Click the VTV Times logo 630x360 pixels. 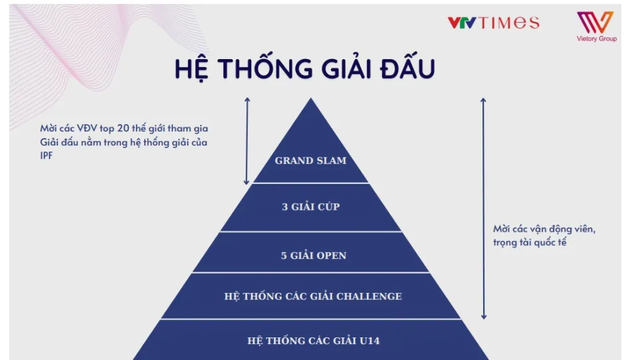pos(493,23)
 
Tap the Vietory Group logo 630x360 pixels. pos(597,26)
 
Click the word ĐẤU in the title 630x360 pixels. pos(407,68)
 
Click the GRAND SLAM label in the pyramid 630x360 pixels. pos(310,161)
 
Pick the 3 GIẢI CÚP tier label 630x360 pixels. pos(310,207)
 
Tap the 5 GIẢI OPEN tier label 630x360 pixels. pos(314,256)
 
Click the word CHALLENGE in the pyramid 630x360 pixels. pos(369,296)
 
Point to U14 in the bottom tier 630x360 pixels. pos(369,341)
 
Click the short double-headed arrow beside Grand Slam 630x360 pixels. pos(247,141)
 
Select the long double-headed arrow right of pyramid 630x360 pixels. pos(483,209)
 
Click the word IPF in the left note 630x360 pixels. pos(47,155)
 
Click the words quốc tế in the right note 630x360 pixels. pos(550,242)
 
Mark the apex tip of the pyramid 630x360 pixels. pos(310,98)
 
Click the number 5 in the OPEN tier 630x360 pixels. pos(284,256)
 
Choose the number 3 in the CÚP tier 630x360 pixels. pos(285,207)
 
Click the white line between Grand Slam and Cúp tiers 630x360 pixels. pos(310,183)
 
